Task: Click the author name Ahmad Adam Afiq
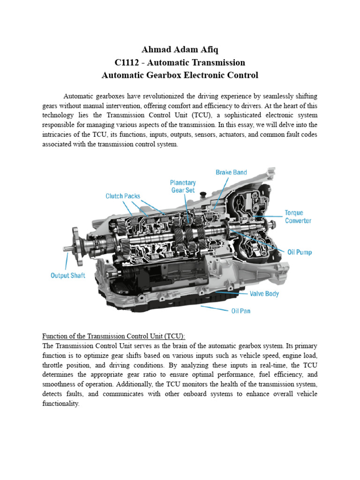[180, 50]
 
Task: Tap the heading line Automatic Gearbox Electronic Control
[180, 75]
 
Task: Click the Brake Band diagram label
[231, 172]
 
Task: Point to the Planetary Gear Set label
[183, 186]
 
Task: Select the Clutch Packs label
[122, 196]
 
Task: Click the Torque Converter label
[298, 217]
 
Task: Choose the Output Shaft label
[68, 276]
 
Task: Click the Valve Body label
[263, 294]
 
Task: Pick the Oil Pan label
[240, 311]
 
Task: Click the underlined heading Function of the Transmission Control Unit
[114, 336]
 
